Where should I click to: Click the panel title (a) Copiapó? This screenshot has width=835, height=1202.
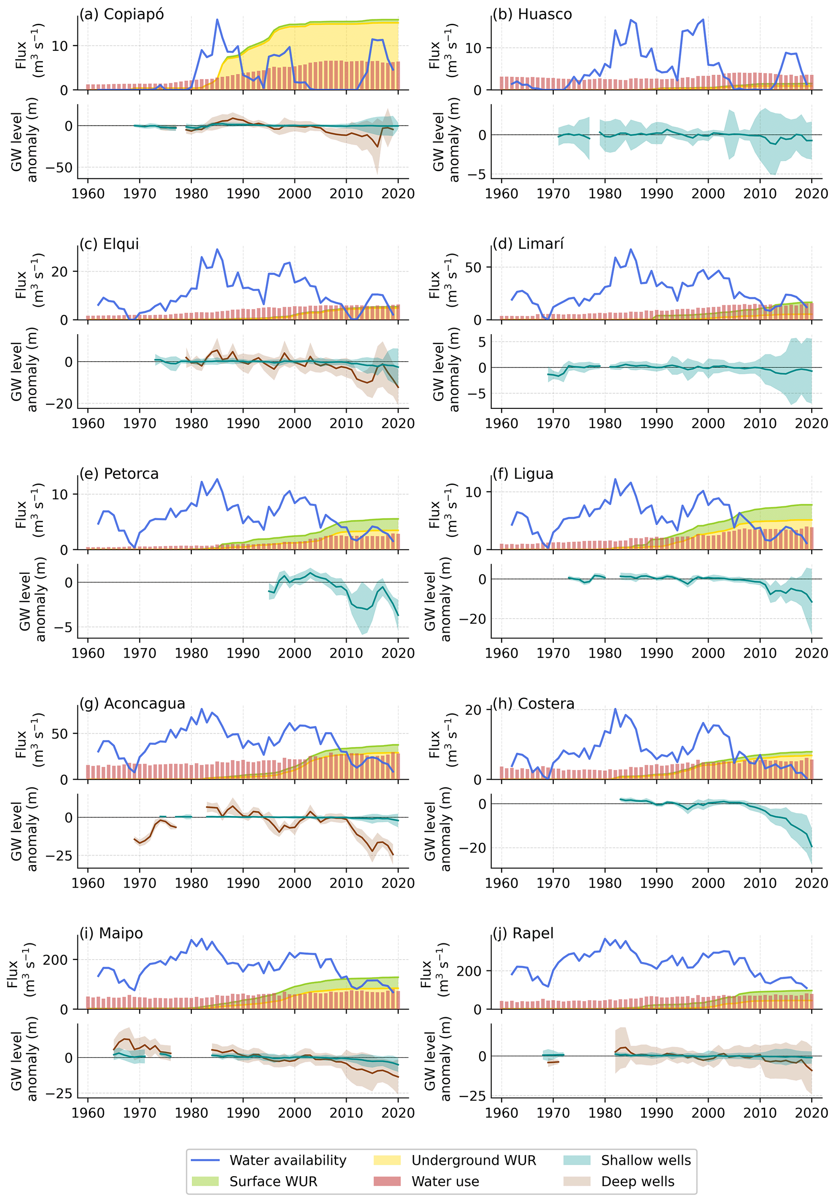[121, 14]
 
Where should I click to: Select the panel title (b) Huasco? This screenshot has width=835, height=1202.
[532, 14]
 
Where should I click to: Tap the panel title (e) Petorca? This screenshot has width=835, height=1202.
[119, 474]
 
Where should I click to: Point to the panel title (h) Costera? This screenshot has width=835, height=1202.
[533, 703]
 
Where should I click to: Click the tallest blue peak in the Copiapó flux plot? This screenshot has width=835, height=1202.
[217, 20]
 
